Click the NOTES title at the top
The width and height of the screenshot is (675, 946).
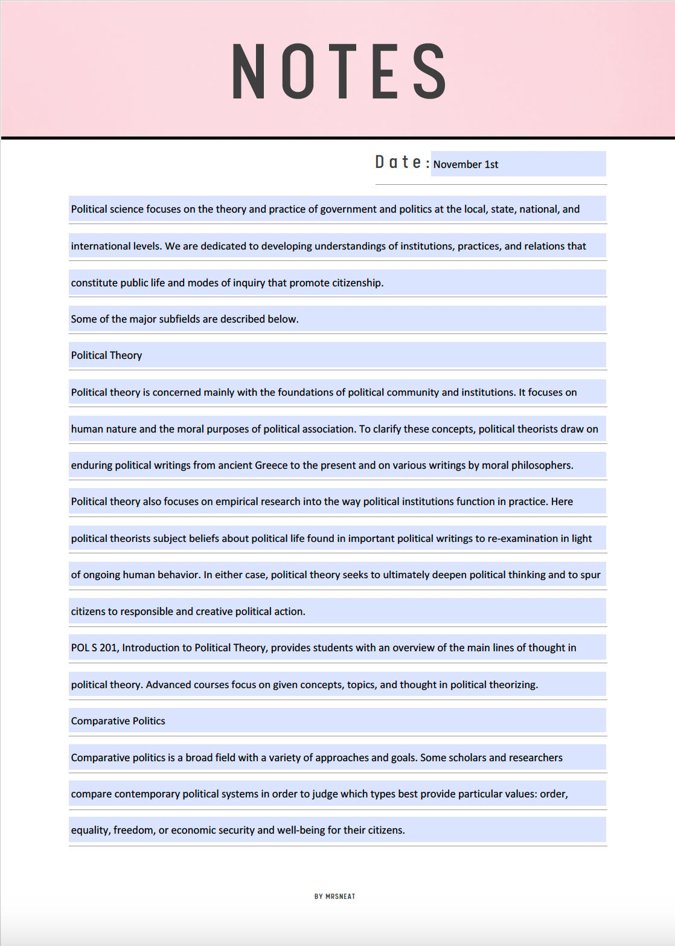[x=339, y=72]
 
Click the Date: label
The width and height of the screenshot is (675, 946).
[x=402, y=162]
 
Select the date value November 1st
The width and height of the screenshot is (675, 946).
[x=465, y=164]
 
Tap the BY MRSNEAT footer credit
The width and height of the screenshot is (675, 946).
[x=334, y=896]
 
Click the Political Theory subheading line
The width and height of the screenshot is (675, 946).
[x=106, y=355]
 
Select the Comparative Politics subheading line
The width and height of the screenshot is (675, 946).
[x=118, y=721]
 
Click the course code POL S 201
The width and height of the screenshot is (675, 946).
[x=94, y=648]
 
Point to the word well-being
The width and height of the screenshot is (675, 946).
[x=301, y=830]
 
